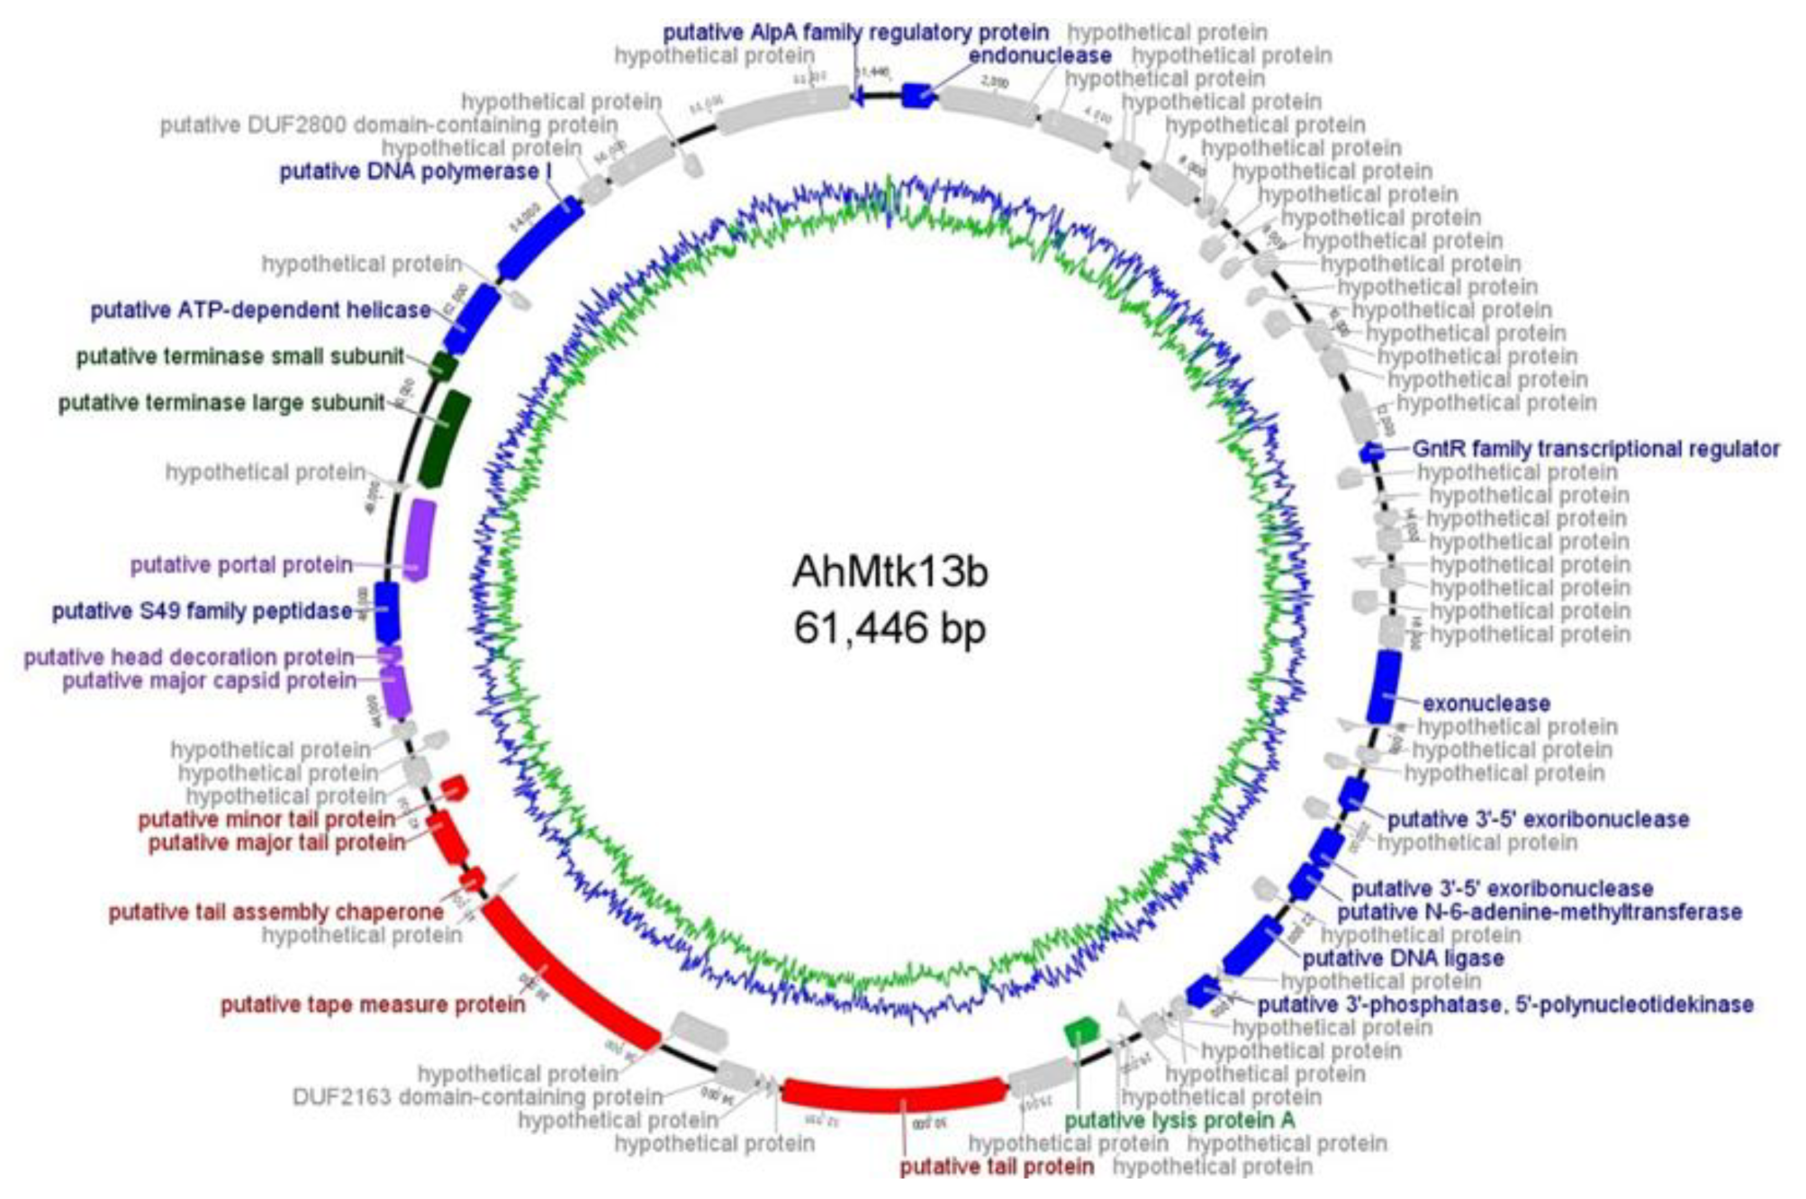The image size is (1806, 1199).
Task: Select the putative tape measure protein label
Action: click(x=373, y=1004)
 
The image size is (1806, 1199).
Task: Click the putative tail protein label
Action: click(x=996, y=1167)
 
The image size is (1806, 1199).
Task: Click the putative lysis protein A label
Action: click(x=1180, y=1120)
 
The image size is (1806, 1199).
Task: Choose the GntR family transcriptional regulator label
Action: click(x=1595, y=449)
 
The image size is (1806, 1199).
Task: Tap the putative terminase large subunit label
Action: click(x=222, y=403)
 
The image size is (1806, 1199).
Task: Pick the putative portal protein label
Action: click(x=242, y=565)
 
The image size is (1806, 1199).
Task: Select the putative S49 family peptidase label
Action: click(x=202, y=612)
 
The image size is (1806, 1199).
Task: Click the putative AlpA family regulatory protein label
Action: click(x=855, y=33)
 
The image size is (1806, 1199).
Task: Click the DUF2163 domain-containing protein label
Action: click(x=477, y=1097)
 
